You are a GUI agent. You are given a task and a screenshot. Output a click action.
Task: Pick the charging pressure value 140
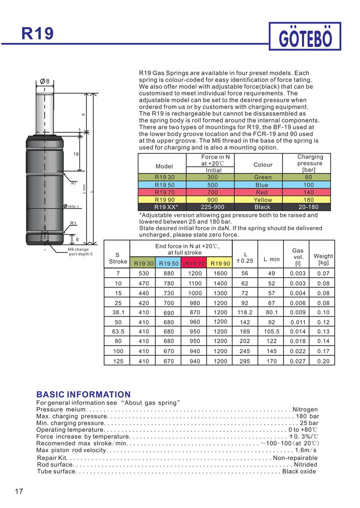pos(309,192)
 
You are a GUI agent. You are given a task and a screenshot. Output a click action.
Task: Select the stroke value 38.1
pos(117,312)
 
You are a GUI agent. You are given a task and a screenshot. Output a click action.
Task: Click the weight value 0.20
pos(323,361)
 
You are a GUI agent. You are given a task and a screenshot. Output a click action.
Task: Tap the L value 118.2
pos(245,312)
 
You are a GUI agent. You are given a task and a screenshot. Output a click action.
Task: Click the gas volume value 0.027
pos(298,361)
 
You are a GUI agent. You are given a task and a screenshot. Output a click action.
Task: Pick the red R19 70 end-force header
pos(195,263)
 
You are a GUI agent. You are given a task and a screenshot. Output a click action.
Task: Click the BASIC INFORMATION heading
pos(83,395)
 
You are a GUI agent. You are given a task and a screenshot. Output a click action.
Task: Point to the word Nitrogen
pos(305,409)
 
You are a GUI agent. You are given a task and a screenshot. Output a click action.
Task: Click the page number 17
pos(19,491)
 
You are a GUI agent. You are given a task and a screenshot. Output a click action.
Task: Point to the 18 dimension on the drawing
pos(76,154)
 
